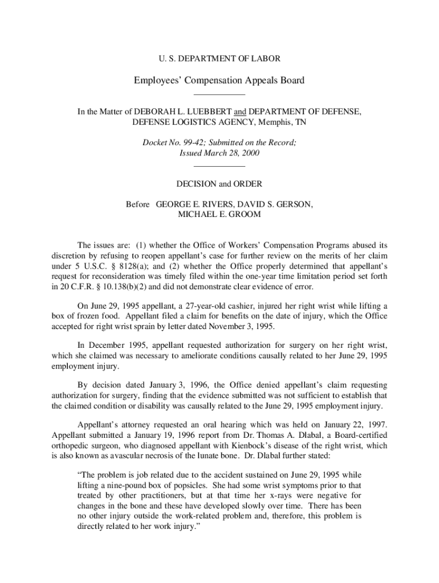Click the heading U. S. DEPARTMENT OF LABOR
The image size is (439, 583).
(219, 58)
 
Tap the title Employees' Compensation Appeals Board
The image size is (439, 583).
(219, 80)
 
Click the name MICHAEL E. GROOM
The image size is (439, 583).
(219, 215)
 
